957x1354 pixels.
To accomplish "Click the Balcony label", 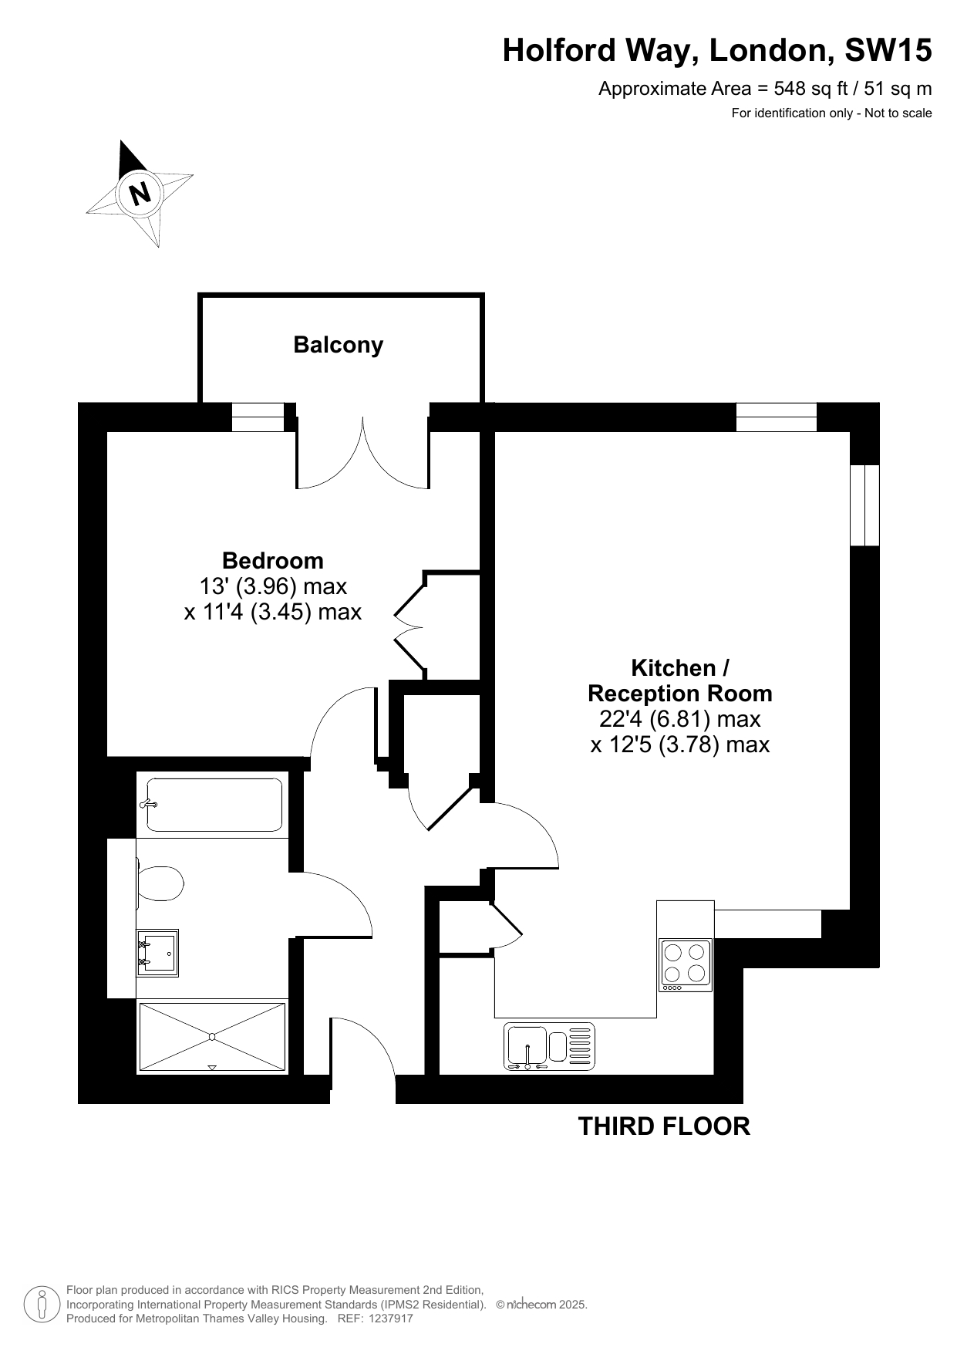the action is point(338,345).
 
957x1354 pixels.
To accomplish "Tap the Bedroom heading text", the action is point(273,560).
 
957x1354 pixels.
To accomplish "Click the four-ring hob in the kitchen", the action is point(686,965).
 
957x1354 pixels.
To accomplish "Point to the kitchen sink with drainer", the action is point(550,1047).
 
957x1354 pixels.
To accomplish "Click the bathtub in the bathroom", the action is point(214,805).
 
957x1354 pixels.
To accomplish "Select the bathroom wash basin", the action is point(157,953).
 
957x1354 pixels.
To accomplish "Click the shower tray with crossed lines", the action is point(212,1037).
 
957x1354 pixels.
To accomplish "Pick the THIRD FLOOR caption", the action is point(664,1126).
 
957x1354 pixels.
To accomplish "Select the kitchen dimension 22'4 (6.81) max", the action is point(680,719).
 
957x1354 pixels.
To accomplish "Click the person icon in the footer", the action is point(42,1305).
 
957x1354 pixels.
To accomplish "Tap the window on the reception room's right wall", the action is point(864,505).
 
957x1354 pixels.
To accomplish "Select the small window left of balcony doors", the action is point(258,417).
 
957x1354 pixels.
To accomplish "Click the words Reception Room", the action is point(680,694).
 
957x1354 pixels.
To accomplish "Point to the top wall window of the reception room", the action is point(777,417).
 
